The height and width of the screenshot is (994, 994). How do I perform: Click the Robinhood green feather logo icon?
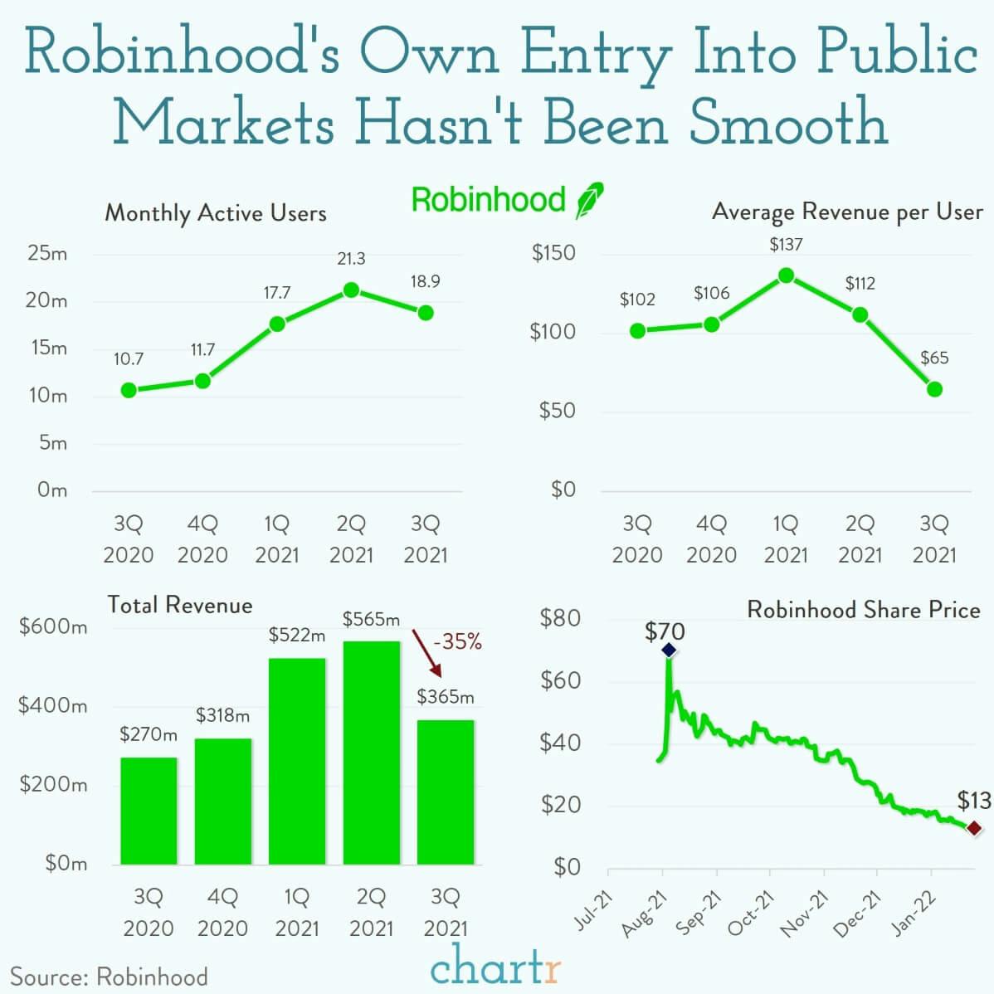click(x=590, y=200)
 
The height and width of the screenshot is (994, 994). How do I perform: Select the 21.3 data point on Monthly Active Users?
click(x=351, y=290)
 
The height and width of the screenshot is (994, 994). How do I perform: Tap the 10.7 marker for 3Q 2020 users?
click(x=129, y=390)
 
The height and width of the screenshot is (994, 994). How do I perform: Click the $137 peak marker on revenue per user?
click(x=786, y=275)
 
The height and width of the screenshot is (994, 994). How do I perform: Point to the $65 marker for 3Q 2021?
click(x=934, y=389)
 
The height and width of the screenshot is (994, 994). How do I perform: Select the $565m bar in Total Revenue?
click(x=371, y=752)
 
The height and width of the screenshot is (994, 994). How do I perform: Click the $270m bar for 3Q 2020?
click(x=149, y=810)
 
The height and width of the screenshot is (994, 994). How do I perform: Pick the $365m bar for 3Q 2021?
click(x=446, y=792)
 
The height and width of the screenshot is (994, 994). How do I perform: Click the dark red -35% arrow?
click(x=427, y=655)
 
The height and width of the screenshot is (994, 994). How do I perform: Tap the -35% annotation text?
click(x=456, y=641)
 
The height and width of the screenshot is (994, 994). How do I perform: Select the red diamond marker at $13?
click(x=974, y=828)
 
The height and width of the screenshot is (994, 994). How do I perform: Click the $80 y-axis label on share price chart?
click(x=561, y=618)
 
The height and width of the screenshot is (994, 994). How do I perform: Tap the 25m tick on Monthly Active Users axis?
click(x=47, y=254)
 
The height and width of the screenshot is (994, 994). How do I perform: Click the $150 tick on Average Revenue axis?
click(x=553, y=253)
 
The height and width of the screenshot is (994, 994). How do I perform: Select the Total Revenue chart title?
click(x=179, y=605)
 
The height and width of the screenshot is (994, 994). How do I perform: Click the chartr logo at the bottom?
click(x=496, y=967)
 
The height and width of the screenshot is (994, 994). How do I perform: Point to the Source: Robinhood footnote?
click(x=109, y=977)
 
